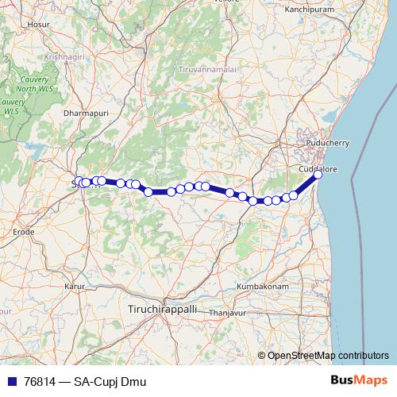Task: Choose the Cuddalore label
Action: [x=318, y=168]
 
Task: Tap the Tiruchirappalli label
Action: [x=162, y=306]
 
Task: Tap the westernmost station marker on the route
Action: [x=79, y=182]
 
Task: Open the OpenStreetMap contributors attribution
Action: [x=328, y=355]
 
